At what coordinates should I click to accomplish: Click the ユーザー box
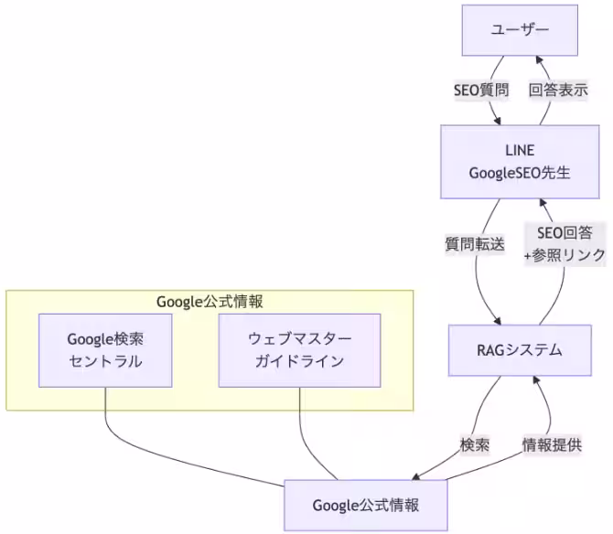(x=520, y=30)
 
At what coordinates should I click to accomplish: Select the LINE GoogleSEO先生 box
(x=520, y=162)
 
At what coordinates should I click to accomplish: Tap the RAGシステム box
(x=520, y=350)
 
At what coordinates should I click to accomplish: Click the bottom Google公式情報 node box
(x=366, y=505)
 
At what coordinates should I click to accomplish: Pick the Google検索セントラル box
(x=105, y=350)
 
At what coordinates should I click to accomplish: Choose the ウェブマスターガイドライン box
(x=299, y=350)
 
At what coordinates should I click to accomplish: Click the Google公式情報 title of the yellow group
(x=210, y=301)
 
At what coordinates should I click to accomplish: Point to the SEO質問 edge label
(x=480, y=91)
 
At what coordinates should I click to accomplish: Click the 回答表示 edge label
(x=558, y=91)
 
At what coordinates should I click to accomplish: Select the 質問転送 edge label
(x=474, y=244)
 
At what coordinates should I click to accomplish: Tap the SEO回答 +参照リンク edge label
(x=565, y=244)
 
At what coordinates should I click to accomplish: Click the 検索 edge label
(x=474, y=444)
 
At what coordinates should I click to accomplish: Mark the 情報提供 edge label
(x=552, y=444)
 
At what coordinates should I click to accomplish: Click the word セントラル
(x=105, y=361)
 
